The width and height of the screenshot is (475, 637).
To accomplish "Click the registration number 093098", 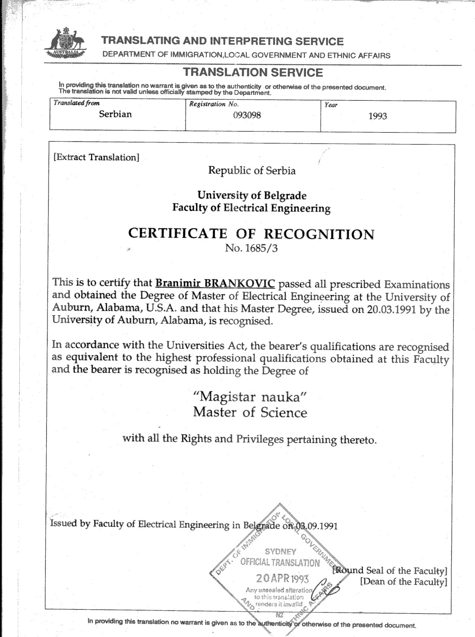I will point(247,115).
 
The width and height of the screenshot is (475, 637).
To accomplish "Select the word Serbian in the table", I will point(115,114).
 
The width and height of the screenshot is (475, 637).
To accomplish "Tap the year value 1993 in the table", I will point(377,116).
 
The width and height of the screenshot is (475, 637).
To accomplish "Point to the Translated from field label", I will point(76,103).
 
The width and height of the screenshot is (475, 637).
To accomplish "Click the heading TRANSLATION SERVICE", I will point(254,72).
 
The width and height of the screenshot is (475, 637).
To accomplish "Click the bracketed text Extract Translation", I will point(96,157).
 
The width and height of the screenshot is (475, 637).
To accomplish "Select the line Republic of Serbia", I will point(252,170).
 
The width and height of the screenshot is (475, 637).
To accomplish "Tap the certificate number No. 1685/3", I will point(251,248).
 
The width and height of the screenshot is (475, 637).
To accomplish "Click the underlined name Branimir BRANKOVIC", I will point(215,283).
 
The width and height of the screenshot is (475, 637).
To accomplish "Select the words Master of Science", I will point(250,412).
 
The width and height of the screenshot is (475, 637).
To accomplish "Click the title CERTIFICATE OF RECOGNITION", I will point(251,234).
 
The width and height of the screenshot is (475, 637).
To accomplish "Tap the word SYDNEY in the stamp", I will point(280,551).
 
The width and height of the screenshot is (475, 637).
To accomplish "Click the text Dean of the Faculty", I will point(403,582).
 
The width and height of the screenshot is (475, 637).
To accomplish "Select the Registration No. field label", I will point(214,104).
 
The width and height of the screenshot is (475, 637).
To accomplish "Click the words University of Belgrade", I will point(252,195).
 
